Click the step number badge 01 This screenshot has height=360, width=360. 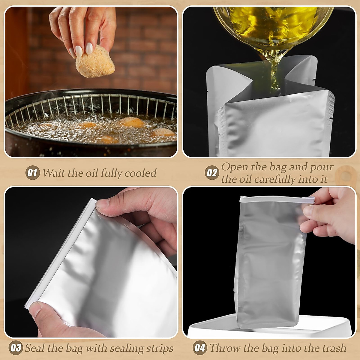32,173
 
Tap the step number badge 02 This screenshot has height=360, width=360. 212,173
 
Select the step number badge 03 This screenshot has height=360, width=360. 16,348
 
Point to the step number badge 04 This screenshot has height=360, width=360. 200,348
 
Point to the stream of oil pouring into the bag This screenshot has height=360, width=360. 274,72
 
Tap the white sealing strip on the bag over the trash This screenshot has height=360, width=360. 276,201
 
